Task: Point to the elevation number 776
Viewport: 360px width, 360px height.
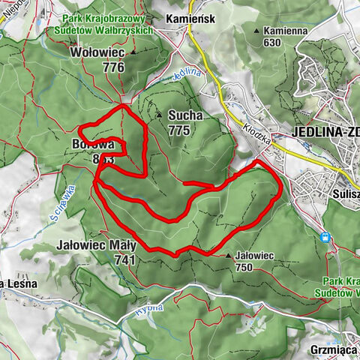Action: pyautogui.click(x=113, y=67)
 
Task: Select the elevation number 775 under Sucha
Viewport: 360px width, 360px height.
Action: pyautogui.click(x=178, y=130)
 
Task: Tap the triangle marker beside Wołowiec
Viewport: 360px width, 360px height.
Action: pyautogui.click(x=133, y=54)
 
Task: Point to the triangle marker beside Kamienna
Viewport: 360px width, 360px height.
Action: pyautogui.click(x=257, y=31)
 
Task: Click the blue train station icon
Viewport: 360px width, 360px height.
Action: pyautogui.click(x=325, y=238)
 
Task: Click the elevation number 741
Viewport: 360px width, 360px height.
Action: pyautogui.click(x=125, y=259)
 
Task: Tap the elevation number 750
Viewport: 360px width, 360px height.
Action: pyautogui.click(x=244, y=266)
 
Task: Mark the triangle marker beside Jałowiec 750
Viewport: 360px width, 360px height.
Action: pyautogui.click(x=229, y=256)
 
